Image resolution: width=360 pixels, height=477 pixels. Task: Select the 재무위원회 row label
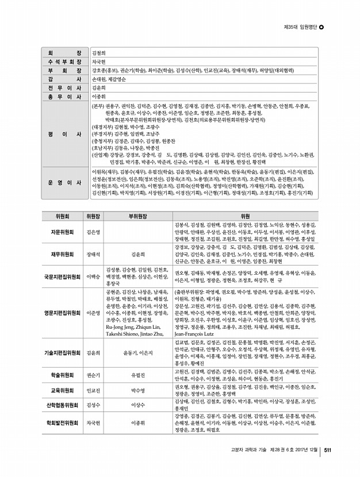[62, 254]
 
